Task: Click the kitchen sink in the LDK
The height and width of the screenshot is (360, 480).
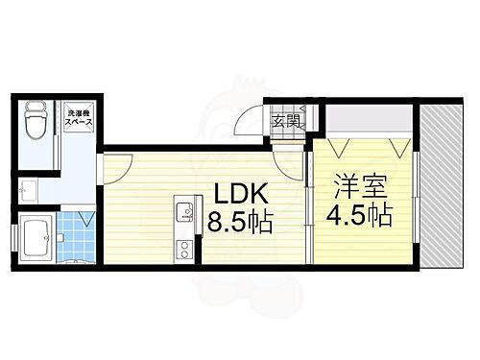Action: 183,210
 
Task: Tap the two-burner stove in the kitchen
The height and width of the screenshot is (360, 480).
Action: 182,252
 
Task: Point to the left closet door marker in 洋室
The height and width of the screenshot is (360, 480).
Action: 335,148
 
